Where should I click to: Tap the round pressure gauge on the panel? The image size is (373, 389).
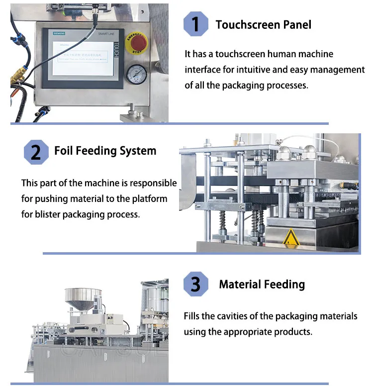pos(136,75)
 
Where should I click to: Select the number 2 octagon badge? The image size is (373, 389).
pos(36,151)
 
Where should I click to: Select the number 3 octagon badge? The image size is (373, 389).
pos(195,284)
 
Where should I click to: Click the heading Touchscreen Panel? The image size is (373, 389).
pos(263,24)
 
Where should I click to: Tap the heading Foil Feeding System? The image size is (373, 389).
pos(105,151)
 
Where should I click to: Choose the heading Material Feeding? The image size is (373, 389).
pos(262,284)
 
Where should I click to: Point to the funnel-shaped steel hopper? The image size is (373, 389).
pos(83,298)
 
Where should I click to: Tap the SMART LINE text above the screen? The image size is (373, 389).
pos(107,32)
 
